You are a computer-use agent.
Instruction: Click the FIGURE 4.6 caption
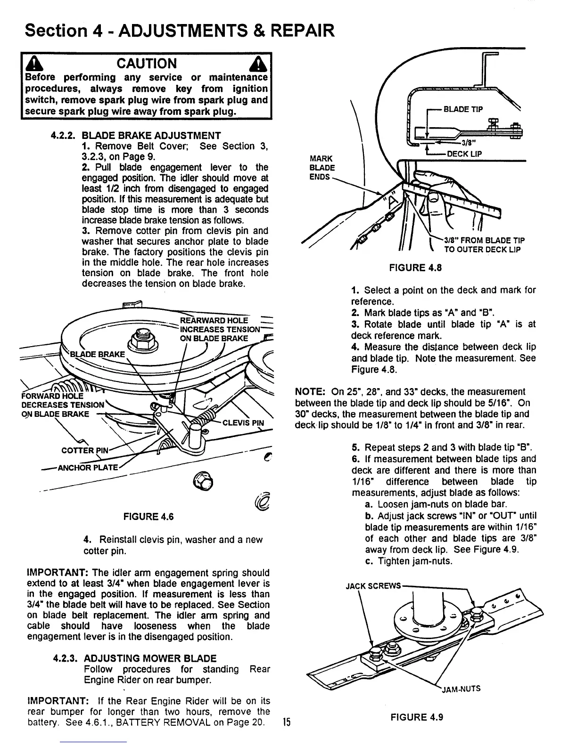click(x=148, y=517)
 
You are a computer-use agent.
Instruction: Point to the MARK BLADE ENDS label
click(x=322, y=168)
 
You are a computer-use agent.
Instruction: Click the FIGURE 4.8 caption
click(x=414, y=268)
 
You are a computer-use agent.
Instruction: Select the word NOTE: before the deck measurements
click(x=309, y=392)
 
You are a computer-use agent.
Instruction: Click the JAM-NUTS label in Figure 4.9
click(x=461, y=689)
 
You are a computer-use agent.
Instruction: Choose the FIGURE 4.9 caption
click(x=417, y=718)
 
